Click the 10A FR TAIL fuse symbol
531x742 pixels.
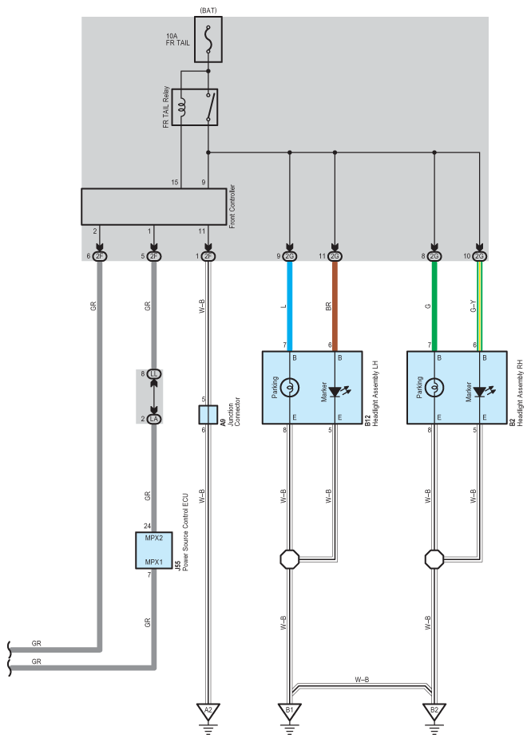[x=208, y=39]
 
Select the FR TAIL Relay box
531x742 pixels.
[x=195, y=107]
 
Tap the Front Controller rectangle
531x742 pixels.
[x=153, y=207]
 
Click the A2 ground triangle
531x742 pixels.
[x=208, y=709]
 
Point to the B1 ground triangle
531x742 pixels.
[x=290, y=709]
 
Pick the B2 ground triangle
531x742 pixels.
[x=434, y=709]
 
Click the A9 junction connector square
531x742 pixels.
[x=208, y=414]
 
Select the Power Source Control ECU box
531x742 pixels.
[x=153, y=550]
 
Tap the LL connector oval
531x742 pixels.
[x=153, y=373]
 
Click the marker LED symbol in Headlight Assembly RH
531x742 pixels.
[x=480, y=391]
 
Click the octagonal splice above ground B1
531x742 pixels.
[x=290, y=558]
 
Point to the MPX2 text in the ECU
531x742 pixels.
[x=153, y=538]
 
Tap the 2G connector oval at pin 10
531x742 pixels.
[x=479, y=256]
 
